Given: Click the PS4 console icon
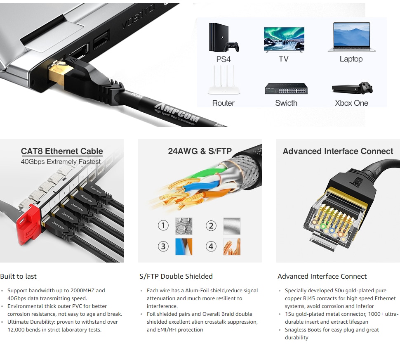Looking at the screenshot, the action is [223, 37].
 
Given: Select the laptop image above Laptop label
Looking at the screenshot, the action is [351, 37].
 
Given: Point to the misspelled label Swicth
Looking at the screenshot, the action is [286, 103].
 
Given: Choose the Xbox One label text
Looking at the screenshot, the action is [351, 103].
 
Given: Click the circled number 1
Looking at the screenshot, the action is [163, 225].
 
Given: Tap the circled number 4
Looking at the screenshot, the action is [211, 246].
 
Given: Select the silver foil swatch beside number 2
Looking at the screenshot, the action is [232, 226].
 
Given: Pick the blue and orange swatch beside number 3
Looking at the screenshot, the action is [184, 246].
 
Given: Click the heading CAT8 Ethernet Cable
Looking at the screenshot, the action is [62, 151].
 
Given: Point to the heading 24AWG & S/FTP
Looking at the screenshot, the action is [200, 151].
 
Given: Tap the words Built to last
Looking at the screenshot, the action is [19, 276].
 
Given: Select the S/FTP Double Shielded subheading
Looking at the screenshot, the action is [176, 276].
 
